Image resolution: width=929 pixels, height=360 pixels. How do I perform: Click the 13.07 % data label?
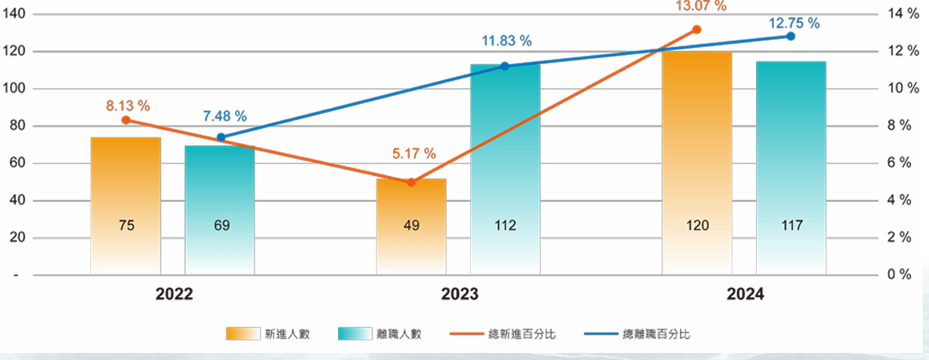click(x=701, y=6)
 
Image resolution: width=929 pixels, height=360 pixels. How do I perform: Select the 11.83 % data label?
click(x=506, y=41)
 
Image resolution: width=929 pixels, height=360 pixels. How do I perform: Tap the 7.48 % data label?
click(x=225, y=116)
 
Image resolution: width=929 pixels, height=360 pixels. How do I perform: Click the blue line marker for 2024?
click(x=791, y=36)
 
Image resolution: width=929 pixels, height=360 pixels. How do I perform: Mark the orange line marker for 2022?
click(x=126, y=119)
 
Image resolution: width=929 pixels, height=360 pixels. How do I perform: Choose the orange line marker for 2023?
click(x=410, y=182)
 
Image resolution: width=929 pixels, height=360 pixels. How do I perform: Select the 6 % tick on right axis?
click(x=898, y=163)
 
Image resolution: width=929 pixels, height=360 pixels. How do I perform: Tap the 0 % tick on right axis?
click(x=898, y=275)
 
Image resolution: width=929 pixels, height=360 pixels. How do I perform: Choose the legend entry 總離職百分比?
click(x=644, y=334)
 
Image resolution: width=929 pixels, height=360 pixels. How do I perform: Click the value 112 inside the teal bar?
click(x=505, y=226)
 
